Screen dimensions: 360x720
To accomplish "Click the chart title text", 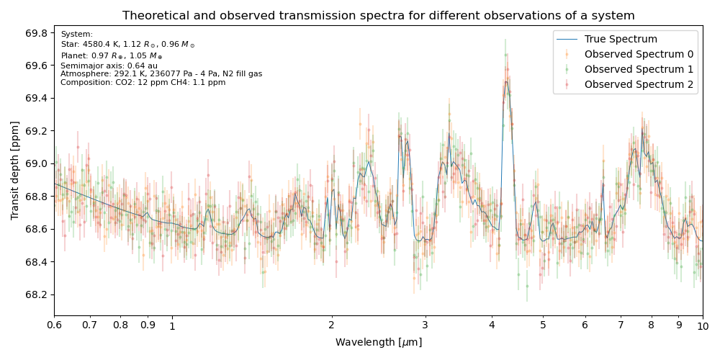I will [x=378, y=15].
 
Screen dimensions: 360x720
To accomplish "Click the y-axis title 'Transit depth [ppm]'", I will [x=15, y=170].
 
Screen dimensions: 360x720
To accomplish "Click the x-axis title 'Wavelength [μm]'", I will [x=378, y=343].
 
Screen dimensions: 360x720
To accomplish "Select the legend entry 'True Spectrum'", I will [x=621, y=39].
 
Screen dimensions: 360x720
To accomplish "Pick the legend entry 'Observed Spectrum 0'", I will [x=639, y=54].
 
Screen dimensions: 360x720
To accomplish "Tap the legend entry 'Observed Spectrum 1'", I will [x=639, y=69].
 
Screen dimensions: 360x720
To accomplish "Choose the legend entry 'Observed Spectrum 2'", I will [x=639, y=84].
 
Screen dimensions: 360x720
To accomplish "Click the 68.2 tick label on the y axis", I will [x=36, y=294].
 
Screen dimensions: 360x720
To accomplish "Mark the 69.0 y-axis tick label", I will [x=36, y=163].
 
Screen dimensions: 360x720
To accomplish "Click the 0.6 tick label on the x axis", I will [x=54, y=325].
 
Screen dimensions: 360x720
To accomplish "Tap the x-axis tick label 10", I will [x=703, y=325].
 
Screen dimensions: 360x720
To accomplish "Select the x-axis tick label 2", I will [x=331, y=325].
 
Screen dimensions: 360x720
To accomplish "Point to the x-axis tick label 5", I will [x=543, y=325].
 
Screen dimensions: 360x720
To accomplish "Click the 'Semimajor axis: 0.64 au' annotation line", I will [x=109, y=66].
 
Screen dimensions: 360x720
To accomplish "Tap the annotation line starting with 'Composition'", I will [x=143, y=82].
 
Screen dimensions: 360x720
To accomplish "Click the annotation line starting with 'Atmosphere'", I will [x=161, y=73].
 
